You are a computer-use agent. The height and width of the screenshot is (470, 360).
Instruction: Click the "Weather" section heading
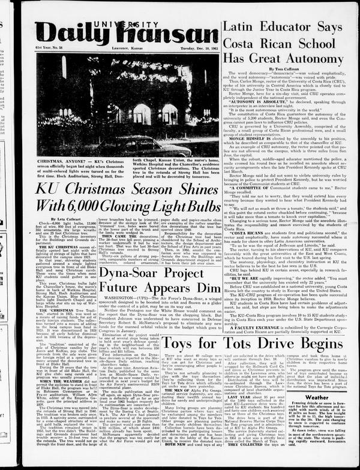pyautogui.click(x=316, y=396)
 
